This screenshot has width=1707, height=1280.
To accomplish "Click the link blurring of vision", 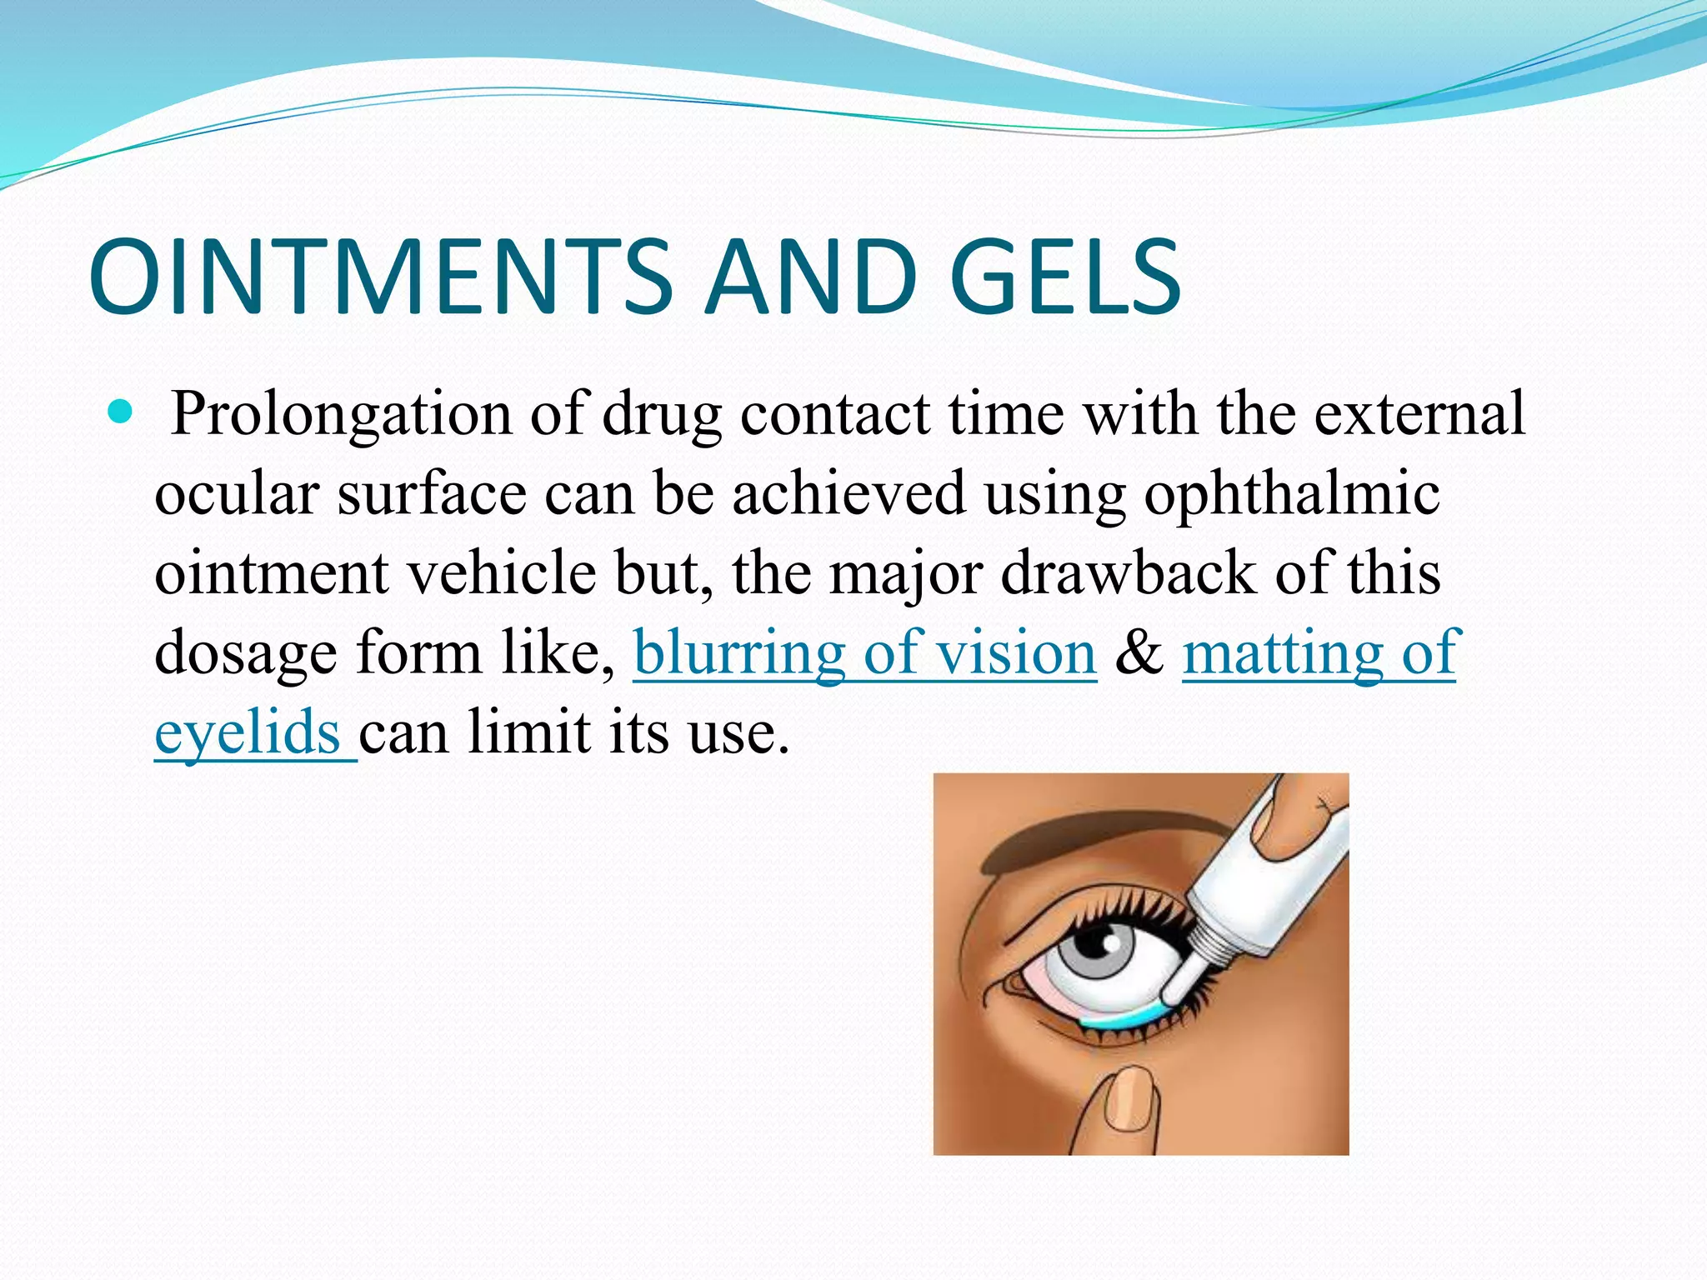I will tap(864, 652).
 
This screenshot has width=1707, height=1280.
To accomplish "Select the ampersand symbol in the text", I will tap(1139, 652).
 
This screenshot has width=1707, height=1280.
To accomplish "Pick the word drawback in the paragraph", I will tap(1129, 573).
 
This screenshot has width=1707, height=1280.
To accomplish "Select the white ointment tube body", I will tap(1275, 883).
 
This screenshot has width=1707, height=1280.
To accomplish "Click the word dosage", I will tap(246, 652).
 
